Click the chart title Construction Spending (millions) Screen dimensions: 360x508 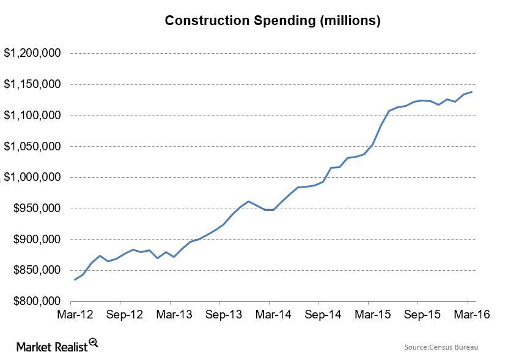click(273, 21)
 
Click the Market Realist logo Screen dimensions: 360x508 click(57, 345)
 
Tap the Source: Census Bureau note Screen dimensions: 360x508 click(441, 347)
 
